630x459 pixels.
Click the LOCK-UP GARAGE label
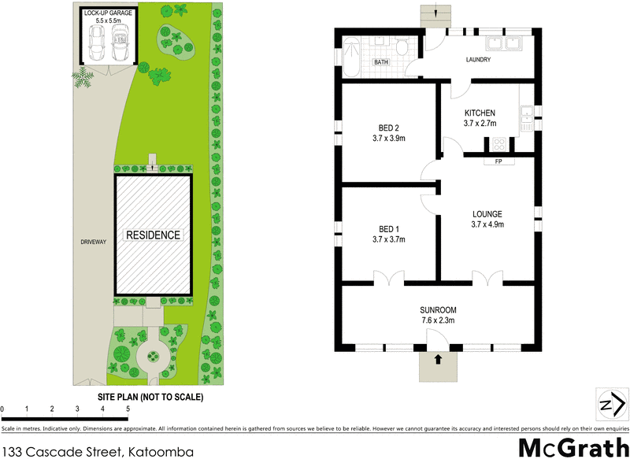pyautogui.click(x=109, y=13)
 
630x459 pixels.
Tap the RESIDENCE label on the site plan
pyautogui.click(x=154, y=235)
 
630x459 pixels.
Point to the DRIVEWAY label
pyautogui.click(x=92, y=242)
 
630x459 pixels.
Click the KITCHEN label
pyautogui.click(x=479, y=113)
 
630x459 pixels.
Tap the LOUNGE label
pyautogui.click(x=487, y=213)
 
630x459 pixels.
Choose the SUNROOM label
pyautogui.click(x=438, y=309)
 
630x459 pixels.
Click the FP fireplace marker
pyautogui.click(x=498, y=162)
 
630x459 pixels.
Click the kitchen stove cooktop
pyautogui.click(x=498, y=144)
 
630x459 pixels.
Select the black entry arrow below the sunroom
pyautogui.click(x=438, y=359)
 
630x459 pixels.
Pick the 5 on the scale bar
pyautogui.click(x=128, y=409)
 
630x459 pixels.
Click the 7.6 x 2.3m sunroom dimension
pyautogui.click(x=438, y=320)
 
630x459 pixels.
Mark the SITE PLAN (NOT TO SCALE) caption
pyautogui.click(x=150, y=397)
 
